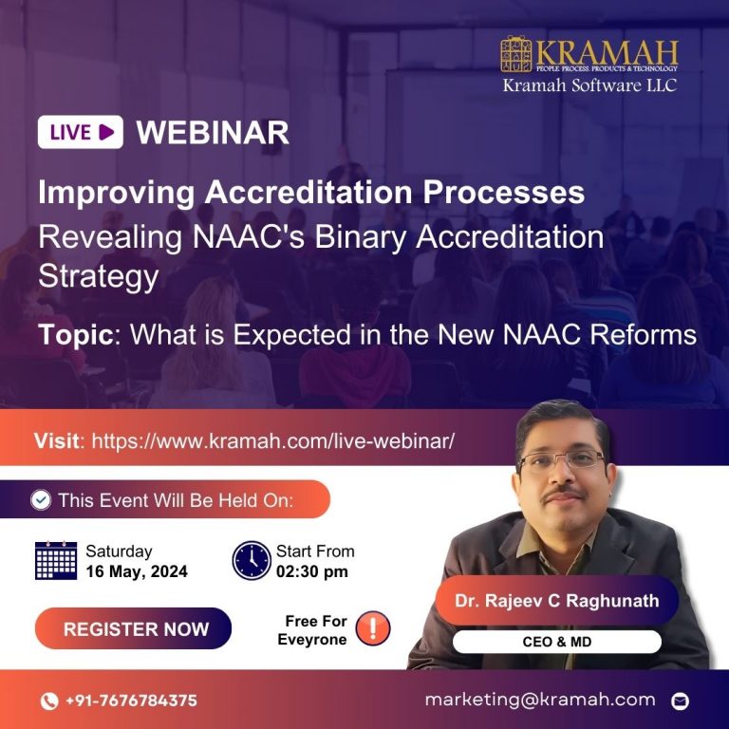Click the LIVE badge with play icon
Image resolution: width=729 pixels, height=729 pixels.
click(81, 132)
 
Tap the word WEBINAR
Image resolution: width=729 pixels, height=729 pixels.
click(213, 133)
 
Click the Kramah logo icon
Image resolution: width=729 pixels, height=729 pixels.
click(518, 55)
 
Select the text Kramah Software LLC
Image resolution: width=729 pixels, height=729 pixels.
click(589, 85)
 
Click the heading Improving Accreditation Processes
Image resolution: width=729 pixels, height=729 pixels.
click(311, 193)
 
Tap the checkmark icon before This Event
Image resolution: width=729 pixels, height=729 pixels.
click(41, 500)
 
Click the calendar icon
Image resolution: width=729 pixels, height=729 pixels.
click(56, 560)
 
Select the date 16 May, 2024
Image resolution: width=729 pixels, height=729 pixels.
click(137, 571)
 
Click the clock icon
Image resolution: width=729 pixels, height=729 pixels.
click(252, 560)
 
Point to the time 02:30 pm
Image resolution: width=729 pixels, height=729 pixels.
click(312, 571)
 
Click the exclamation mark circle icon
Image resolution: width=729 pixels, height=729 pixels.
click(373, 627)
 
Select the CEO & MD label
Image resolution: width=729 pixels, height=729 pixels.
click(556, 643)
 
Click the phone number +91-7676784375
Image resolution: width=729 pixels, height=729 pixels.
click(131, 701)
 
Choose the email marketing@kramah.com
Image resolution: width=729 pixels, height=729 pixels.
click(540, 700)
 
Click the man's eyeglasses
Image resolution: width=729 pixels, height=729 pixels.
click(562, 461)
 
